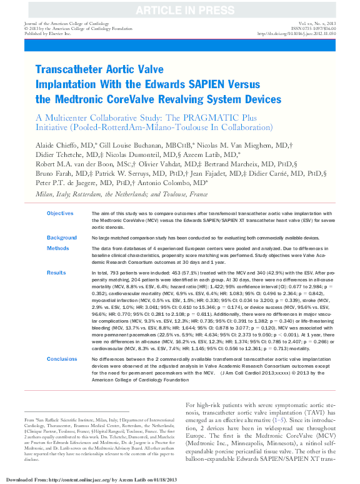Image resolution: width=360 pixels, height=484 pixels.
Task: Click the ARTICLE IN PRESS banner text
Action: (x=179, y=9)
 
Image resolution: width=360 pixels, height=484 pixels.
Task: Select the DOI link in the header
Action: (x=302, y=33)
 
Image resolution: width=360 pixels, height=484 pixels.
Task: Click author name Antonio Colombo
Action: (x=171, y=183)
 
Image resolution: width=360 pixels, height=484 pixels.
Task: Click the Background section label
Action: (x=62, y=238)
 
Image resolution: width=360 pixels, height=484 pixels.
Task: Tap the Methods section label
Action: (x=58, y=248)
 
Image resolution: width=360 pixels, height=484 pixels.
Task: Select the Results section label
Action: (x=57, y=273)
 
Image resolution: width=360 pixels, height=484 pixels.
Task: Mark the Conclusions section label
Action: (x=62, y=360)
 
